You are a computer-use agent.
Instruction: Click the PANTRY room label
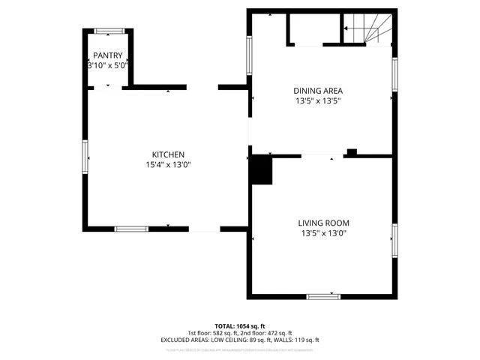[107, 56]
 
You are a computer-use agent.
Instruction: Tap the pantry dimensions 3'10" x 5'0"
[107, 65]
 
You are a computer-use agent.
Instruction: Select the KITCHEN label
[168, 154]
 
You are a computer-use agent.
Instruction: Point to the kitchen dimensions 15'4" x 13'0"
[168, 165]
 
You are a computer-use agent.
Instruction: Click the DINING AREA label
[317, 91]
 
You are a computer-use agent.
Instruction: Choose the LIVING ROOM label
[323, 223]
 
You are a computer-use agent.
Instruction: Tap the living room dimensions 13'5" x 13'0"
[323, 233]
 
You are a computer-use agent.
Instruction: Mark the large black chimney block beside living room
[262, 169]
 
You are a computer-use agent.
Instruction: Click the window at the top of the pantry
[108, 31]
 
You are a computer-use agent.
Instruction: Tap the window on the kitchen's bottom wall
[130, 229]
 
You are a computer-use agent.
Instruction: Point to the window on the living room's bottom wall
[324, 296]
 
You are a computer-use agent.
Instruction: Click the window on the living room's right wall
[394, 238]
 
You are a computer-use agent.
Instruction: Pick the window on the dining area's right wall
[394, 75]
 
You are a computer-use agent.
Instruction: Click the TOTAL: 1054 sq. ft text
[239, 326]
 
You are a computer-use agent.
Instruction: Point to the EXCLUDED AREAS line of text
[239, 340]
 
